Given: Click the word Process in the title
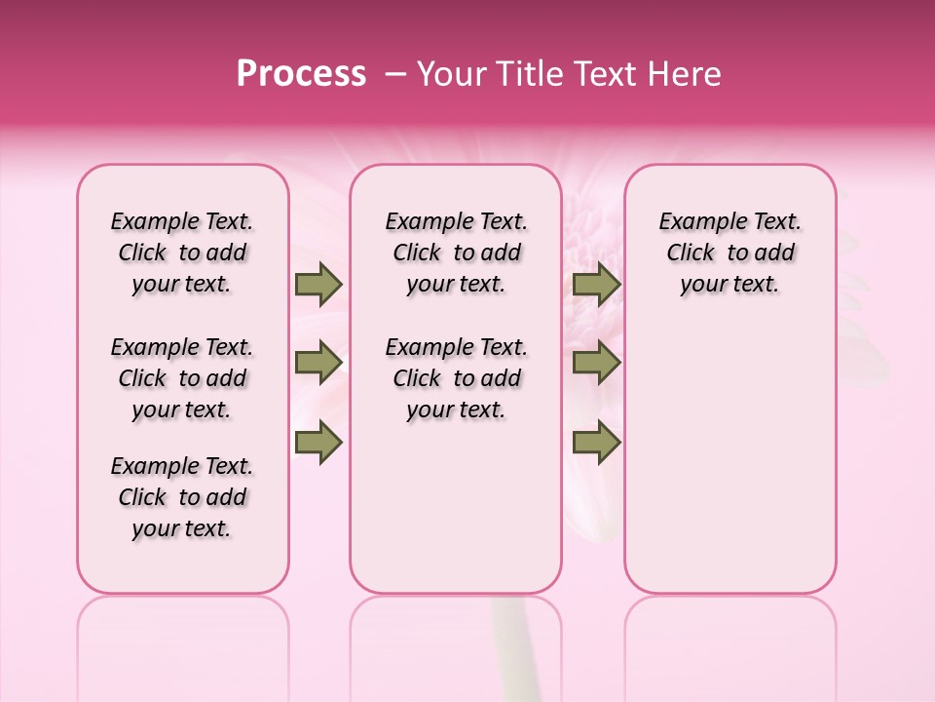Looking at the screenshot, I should point(301,74).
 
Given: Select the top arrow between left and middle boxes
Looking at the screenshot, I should point(318,285).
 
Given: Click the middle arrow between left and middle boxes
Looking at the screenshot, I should point(318,363).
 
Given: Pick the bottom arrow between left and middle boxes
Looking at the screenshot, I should point(318,442).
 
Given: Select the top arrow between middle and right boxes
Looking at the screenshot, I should point(596,285).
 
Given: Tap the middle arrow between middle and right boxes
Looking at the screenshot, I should point(596,363).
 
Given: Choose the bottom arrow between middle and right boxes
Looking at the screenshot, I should point(596,442).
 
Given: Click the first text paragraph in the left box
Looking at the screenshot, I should point(182,253).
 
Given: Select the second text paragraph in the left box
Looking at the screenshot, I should point(182,378).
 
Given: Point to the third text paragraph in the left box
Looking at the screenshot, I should point(182,497).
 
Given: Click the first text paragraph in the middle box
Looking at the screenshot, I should point(456,253).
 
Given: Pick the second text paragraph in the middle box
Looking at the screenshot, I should point(456,378).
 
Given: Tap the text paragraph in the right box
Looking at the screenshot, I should point(730,253).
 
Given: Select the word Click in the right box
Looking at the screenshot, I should point(691,253).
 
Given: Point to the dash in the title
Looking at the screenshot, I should point(396,74).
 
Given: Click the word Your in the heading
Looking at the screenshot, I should point(447,74).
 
